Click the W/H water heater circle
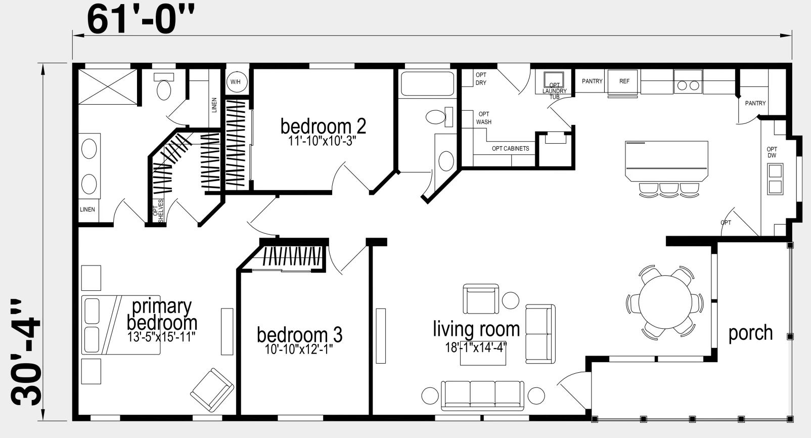[x=236, y=82]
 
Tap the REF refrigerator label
[x=624, y=81]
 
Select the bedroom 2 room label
[x=323, y=126]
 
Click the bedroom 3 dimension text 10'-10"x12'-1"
[x=299, y=349]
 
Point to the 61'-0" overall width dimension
[x=141, y=20]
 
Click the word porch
[x=750, y=333]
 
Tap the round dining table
[x=665, y=302]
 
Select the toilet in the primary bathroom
[x=164, y=86]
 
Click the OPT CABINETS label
[x=510, y=149]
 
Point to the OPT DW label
[x=772, y=152]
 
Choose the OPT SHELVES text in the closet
[x=158, y=210]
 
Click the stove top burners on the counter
[x=688, y=85]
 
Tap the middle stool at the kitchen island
[x=669, y=190]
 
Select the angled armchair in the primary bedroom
[x=212, y=390]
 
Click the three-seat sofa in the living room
[x=483, y=395]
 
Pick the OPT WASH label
[x=484, y=118]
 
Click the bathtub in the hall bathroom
[x=427, y=83]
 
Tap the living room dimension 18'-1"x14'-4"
[x=476, y=347]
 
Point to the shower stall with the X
[x=108, y=86]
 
